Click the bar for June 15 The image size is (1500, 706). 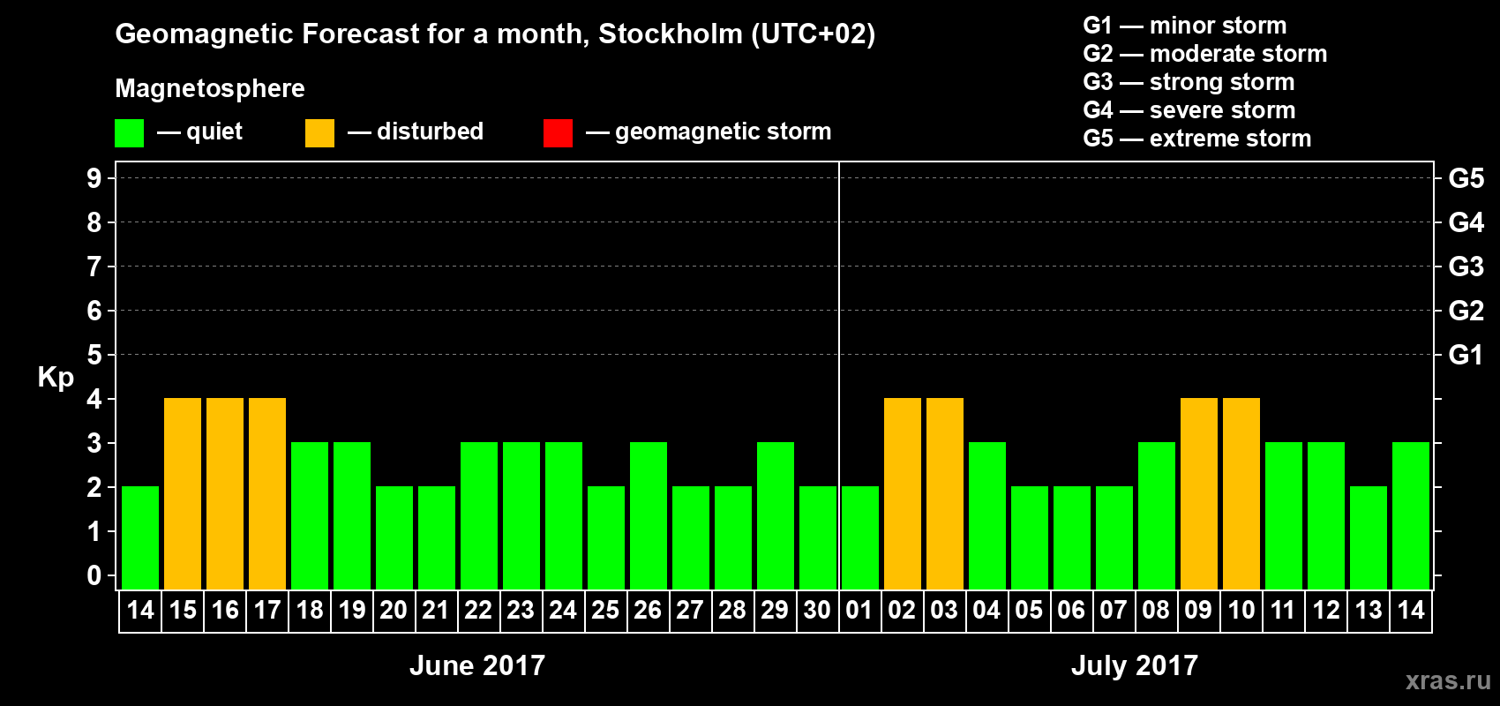pos(183,493)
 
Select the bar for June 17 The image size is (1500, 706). pos(267,493)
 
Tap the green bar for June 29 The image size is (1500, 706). pos(776,515)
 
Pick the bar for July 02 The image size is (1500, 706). pos(903,493)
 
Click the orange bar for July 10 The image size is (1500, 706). pos(1241,493)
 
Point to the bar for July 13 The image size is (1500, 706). pos(1369,537)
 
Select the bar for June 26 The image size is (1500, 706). pos(649,515)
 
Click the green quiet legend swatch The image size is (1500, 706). pos(129,133)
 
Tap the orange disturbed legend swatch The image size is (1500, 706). pos(319,133)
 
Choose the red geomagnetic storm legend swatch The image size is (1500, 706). pos(558,133)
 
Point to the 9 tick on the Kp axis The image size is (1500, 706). pos(94,178)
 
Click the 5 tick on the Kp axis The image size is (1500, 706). pos(94,355)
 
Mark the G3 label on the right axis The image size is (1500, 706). pos(1466,267)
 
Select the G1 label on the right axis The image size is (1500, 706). pos(1466,355)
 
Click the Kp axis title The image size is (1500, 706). pos(56,378)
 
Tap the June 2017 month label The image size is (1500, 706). pos(477,665)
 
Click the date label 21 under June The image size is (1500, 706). pos(436,610)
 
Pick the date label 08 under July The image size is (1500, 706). pos(1156,610)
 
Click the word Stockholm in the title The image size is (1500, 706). pos(671,34)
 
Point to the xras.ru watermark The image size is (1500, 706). pos(1448,680)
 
